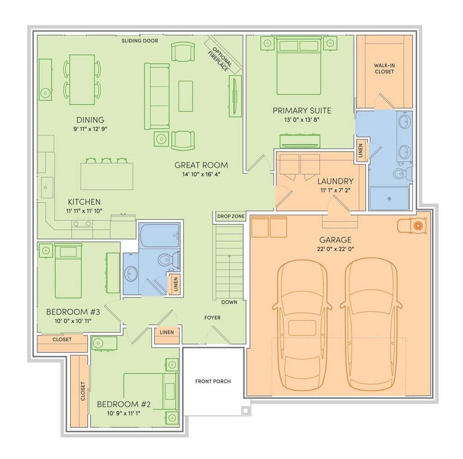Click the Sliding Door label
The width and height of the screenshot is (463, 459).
(x=140, y=41)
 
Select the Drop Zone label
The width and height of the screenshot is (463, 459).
(x=231, y=216)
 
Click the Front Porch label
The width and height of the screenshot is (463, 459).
(x=213, y=381)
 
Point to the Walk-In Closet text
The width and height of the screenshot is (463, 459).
(x=384, y=68)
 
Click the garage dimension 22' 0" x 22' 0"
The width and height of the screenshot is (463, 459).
(x=335, y=249)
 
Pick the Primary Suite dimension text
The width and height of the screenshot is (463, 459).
(x=302, y=120)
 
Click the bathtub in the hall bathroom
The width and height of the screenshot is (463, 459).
(x=160, y=235)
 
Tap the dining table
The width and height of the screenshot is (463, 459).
(x=82, y=80)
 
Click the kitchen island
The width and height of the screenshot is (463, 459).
(x=107, y=177)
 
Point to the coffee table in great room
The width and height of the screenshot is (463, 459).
(x=186, y=96)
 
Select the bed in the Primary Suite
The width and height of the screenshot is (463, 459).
(x=299, y=66)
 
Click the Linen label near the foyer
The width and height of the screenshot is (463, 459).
(x=167, y=332)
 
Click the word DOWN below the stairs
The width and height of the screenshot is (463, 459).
(x=229, y=302)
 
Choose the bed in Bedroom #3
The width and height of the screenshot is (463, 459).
(x=68, y=271)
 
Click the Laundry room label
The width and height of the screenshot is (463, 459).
(x=335, y=181)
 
